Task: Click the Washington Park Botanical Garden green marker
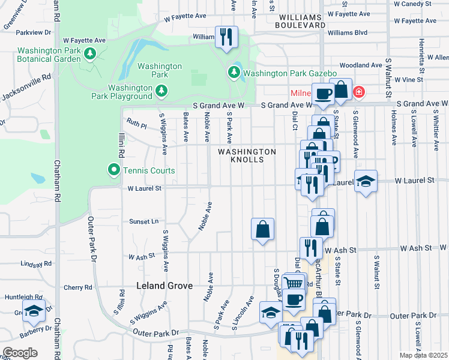[89, 54]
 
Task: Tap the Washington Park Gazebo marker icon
[234, 73]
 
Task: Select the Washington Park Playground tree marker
[161, 91]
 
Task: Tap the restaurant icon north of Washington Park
[226, 37]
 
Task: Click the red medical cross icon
[358, 92]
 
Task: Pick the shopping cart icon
[293, 283]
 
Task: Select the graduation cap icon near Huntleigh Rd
[35, 310]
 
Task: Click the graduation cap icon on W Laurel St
[365, 181]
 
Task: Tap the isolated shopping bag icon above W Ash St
[262, 229]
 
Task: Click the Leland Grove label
[164, 286]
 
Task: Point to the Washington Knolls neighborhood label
[247, 156]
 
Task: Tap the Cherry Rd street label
[79, 287]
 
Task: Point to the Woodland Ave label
[361, 65]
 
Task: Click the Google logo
[20, 352]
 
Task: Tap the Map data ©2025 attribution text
[423, 355]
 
